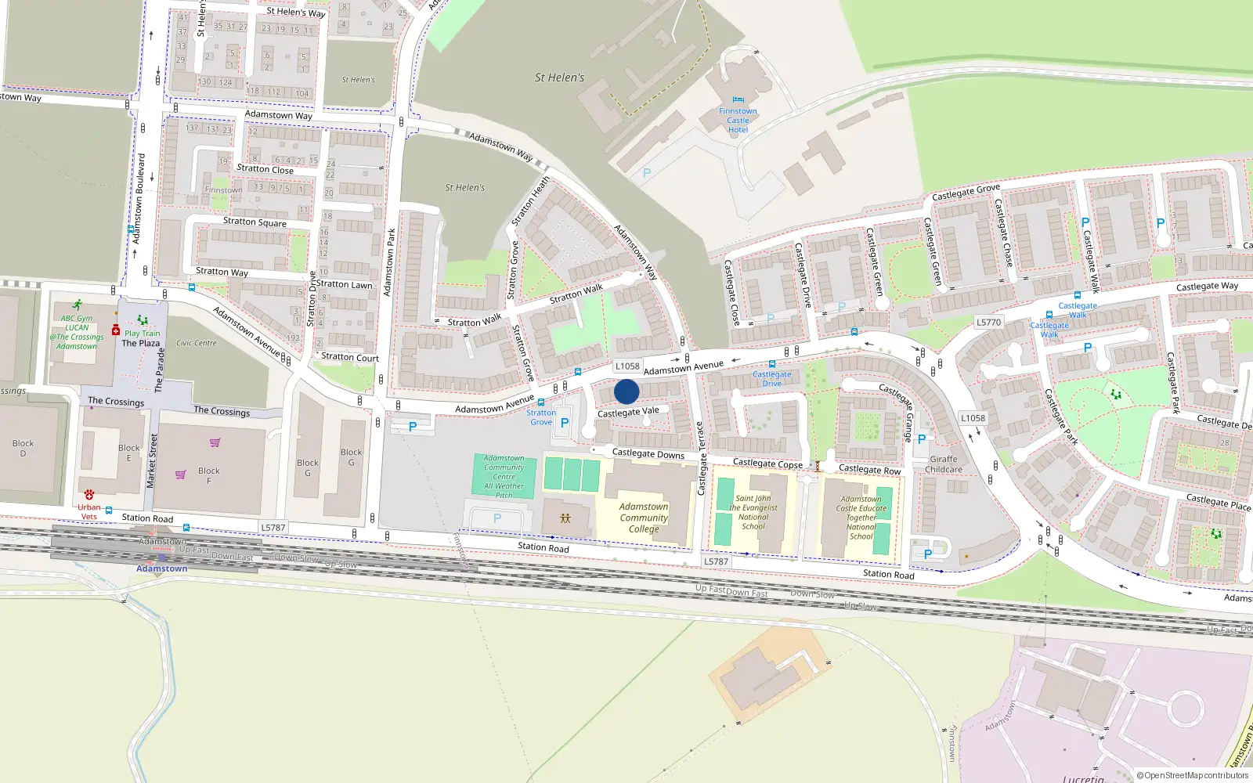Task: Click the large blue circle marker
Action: tap(626, 391)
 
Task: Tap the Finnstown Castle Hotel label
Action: tap(738, 121)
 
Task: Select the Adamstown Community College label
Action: tap(644, 518)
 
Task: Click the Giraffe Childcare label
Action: tap(944, 464)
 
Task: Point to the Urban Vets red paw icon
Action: tap(89, 495)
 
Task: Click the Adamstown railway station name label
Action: tap(162, 568)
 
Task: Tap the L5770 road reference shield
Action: tap(988, 322)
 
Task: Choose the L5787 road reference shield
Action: tap(273, 528)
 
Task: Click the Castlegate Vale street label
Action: tap(628, 412)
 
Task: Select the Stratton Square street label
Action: tap(255, 222)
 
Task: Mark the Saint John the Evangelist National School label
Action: tap(753, 512)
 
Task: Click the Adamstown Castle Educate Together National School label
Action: tap(861, 518)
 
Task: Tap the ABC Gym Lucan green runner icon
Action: tap(77, 305)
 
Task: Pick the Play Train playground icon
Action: tap(142, 320)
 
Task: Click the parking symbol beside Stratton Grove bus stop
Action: tap(565, 423)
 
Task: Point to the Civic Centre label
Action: tap(196, 343)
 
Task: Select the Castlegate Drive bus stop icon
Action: tap(772, 364)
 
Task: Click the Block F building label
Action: tap(208, 475)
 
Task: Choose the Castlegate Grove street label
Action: tap(966, 192)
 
